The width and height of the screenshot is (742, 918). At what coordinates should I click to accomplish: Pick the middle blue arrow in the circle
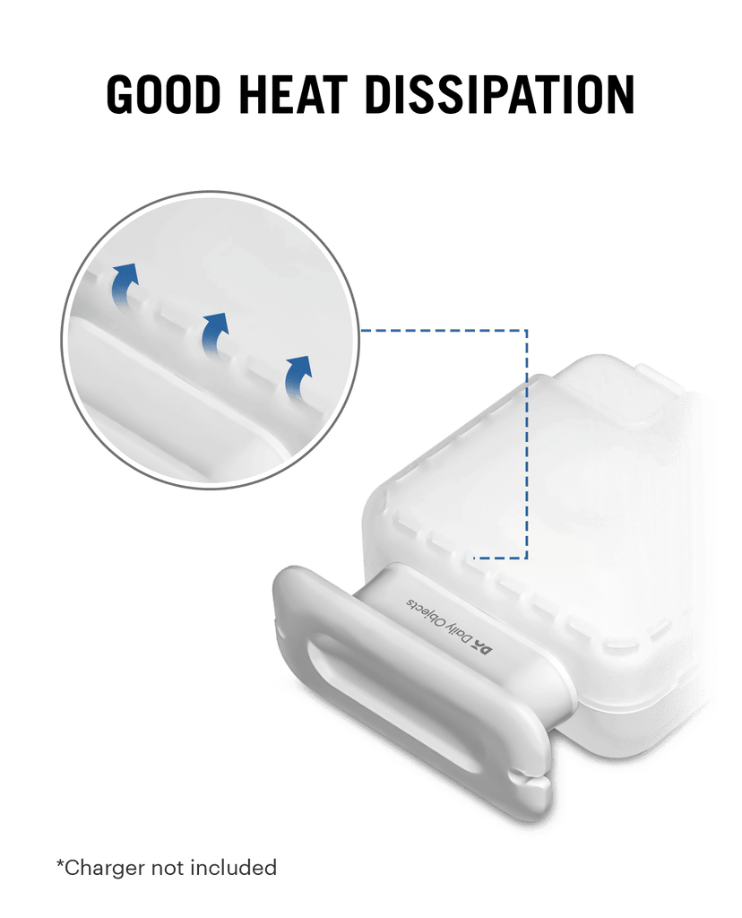click(215, 333)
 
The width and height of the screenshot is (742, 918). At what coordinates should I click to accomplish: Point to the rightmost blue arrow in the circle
click(298, 376)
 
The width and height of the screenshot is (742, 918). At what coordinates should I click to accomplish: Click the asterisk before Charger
click(60, 863)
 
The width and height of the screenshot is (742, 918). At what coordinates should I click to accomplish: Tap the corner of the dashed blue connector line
click(527, 331)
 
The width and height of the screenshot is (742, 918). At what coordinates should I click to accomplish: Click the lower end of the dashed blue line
click(473, 558)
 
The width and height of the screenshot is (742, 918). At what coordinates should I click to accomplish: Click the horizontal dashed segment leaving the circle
click(443, 331)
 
